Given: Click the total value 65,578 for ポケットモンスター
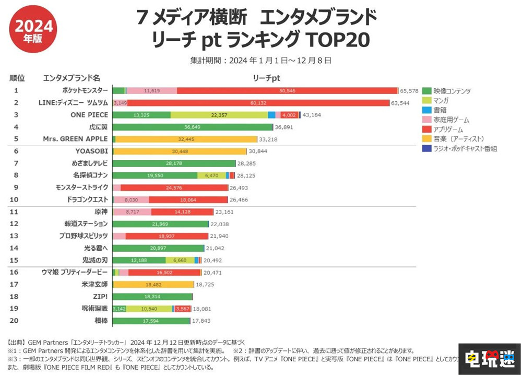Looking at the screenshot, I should coord(409,90).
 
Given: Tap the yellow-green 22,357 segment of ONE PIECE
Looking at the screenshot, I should coord(219,115).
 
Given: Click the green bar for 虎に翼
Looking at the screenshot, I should coord(193,127).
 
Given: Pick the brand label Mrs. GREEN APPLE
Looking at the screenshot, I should coord(75,139).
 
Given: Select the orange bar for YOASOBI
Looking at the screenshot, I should coord(179,151).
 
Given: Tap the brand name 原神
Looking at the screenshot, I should coord(101,211).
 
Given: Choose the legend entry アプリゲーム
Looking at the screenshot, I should coord(448,130).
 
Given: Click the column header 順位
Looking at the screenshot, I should coord(17,78).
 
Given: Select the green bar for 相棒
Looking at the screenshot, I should coord(152,321).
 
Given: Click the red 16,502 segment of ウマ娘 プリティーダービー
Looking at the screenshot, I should coord(164,272).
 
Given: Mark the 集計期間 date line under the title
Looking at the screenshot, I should coord(260,61).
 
